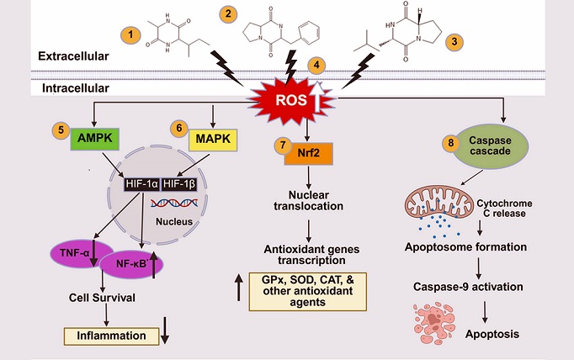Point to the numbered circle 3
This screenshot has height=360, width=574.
point(455,40)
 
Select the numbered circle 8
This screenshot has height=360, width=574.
point(452,143)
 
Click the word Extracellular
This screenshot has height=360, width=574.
point(73,56)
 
